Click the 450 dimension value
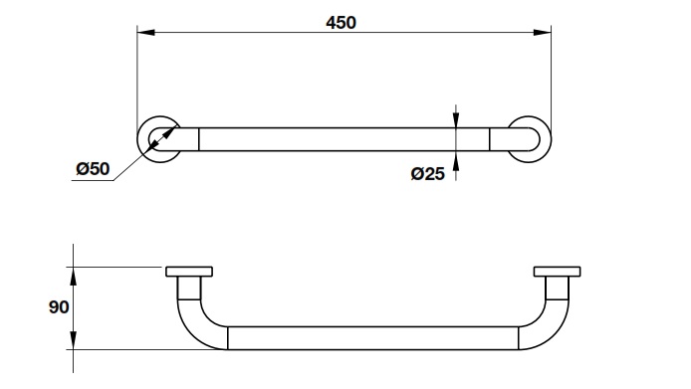tap(341, 23)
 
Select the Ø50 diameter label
tap(93, 169)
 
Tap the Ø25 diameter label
tap(427, 173)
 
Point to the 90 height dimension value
tap(59, 307)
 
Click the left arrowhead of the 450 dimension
tap(146, 32)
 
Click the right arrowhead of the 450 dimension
tap(542, 32)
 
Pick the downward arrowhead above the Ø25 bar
tap(456, 120)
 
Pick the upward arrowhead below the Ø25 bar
tap(456, 158)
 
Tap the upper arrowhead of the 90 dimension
tap(73, 277)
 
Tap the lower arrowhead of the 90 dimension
tap(73, 340)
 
